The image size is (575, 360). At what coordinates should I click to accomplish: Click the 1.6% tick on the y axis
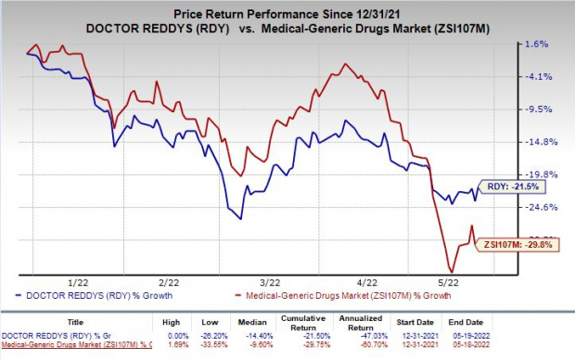539,44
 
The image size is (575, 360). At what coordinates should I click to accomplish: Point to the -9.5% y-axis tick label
539,109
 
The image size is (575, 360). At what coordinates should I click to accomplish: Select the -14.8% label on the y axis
539,141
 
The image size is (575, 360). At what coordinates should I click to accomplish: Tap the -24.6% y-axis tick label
539,207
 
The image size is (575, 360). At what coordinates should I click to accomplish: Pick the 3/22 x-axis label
269,281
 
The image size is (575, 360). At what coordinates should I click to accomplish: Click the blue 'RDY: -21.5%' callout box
508,186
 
